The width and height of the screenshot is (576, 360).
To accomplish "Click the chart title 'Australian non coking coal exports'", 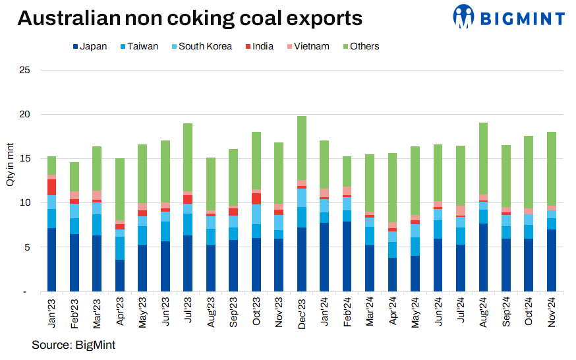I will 190,18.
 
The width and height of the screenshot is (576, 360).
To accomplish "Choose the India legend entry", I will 260,46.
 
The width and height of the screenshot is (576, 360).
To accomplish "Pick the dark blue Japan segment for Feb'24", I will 347,256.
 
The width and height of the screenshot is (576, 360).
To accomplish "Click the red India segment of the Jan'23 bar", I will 51,187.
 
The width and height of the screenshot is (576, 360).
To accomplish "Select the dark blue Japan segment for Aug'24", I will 484,258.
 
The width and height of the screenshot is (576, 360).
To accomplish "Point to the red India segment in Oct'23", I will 256,198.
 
